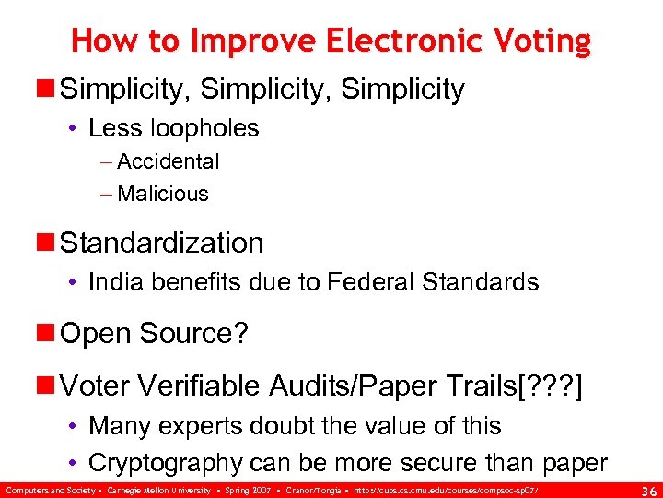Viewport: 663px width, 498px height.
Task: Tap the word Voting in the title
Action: [x=542, y=41]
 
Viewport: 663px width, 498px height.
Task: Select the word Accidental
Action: [x=169, y=162]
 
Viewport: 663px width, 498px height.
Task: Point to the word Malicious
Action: [x=163, y=194]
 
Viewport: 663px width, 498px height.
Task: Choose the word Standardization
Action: [x=162, y=243]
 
